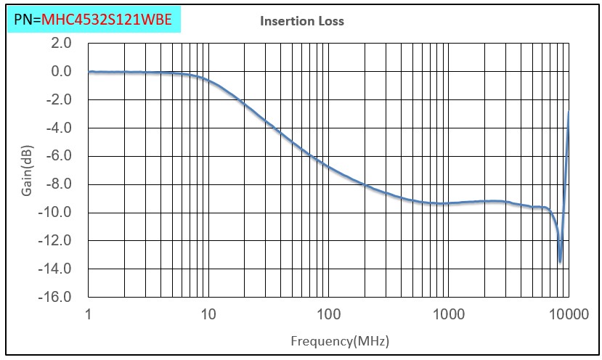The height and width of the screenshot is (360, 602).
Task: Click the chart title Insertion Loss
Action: (x=302, y=21)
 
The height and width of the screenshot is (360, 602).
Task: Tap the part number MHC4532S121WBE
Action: (x=107, y=20)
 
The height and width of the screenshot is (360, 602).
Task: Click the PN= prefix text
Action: (x=28, y=20)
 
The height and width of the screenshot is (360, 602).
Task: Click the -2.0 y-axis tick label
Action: (x=60, y=99)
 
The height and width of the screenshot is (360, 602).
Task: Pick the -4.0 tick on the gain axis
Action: (x=60, y=128)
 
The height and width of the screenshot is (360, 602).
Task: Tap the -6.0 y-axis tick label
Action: (x=60, y=156)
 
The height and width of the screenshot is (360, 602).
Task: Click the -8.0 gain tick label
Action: (x=60, y=184)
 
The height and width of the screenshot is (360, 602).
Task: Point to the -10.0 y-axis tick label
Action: (x=57, y=213)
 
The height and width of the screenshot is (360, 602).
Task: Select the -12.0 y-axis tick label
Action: (x=57, y=240)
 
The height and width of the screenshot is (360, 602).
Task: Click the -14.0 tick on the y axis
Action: (x=57, y=269)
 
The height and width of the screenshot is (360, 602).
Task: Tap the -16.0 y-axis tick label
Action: (x=57, y=297)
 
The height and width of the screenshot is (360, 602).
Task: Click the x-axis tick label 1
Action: (x=88, y=314)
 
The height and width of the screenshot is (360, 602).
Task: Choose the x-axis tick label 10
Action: (x=208, y=314)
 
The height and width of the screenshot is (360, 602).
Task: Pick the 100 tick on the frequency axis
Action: (x=328, y=314)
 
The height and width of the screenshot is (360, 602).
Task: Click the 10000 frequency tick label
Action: (x=567, y=314)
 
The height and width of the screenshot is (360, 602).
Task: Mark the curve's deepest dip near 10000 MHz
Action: (x=560, y=261)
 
